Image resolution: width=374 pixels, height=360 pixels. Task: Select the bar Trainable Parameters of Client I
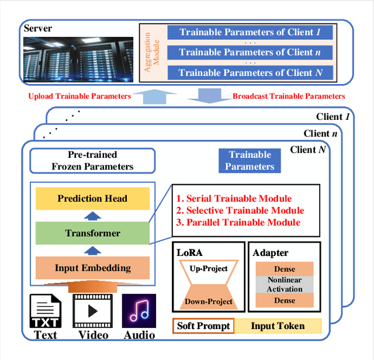point(251,32)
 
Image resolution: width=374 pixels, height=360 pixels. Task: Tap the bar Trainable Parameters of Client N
point(251,72)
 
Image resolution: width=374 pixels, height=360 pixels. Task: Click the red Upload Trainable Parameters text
point(79,96)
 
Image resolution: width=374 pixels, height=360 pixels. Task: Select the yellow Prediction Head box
point(92,199)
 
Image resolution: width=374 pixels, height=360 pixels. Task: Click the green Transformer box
point(92,233)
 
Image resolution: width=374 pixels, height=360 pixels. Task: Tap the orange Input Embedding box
point(92,268)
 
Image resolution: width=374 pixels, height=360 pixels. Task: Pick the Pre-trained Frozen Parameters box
point(92,160)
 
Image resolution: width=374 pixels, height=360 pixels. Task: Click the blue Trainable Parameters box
point(250,160)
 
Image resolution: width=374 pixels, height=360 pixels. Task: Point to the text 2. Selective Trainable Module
point(240,210)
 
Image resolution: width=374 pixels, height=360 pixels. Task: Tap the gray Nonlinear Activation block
point(285,285)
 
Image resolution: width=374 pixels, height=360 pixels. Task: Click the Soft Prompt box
point(203,326)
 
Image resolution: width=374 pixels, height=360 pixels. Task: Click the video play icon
point(89,311)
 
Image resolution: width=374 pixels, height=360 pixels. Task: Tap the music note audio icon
point(138,311)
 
